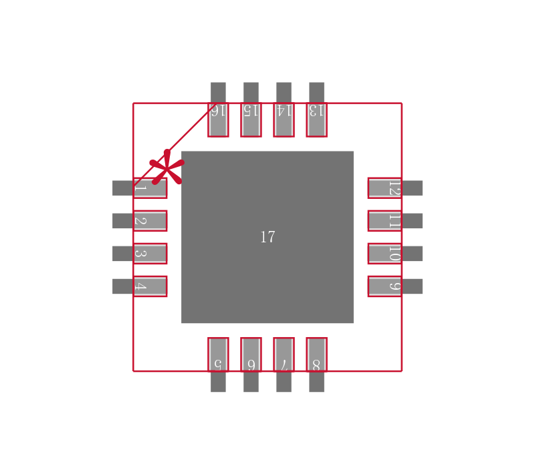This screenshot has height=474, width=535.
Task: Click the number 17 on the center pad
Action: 267,237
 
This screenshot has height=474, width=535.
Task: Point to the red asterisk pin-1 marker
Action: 167,168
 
